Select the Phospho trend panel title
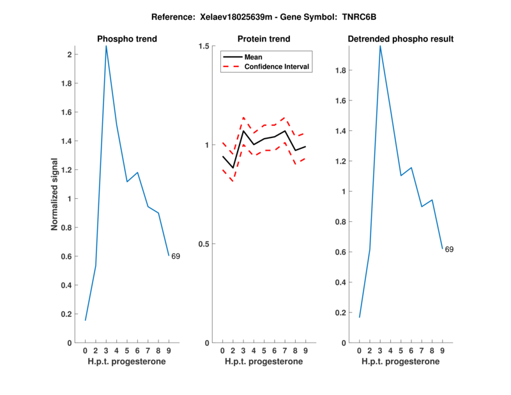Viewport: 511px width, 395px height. [x=127, y=39]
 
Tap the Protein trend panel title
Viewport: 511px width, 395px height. [x=264, y=39]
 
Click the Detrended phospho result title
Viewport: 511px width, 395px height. [x=401, y=39]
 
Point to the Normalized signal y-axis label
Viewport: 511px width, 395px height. [x=55, y=194]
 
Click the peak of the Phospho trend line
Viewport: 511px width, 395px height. [x=106, y=46]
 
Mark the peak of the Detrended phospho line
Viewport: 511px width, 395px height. [x=380, y=46]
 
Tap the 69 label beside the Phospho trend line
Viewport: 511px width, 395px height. [x=176, y=256]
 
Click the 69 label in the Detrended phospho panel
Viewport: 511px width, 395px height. [x=449, y=249]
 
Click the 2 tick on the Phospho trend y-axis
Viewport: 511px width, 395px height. [x=70, y=54]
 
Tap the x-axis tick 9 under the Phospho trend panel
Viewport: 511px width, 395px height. [x=169, y=351]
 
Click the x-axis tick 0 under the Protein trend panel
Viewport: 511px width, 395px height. [x=222, y=351]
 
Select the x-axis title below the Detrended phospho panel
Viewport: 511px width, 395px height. [x=400, y=362]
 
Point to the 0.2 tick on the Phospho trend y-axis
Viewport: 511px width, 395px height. [x=67, y=314]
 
